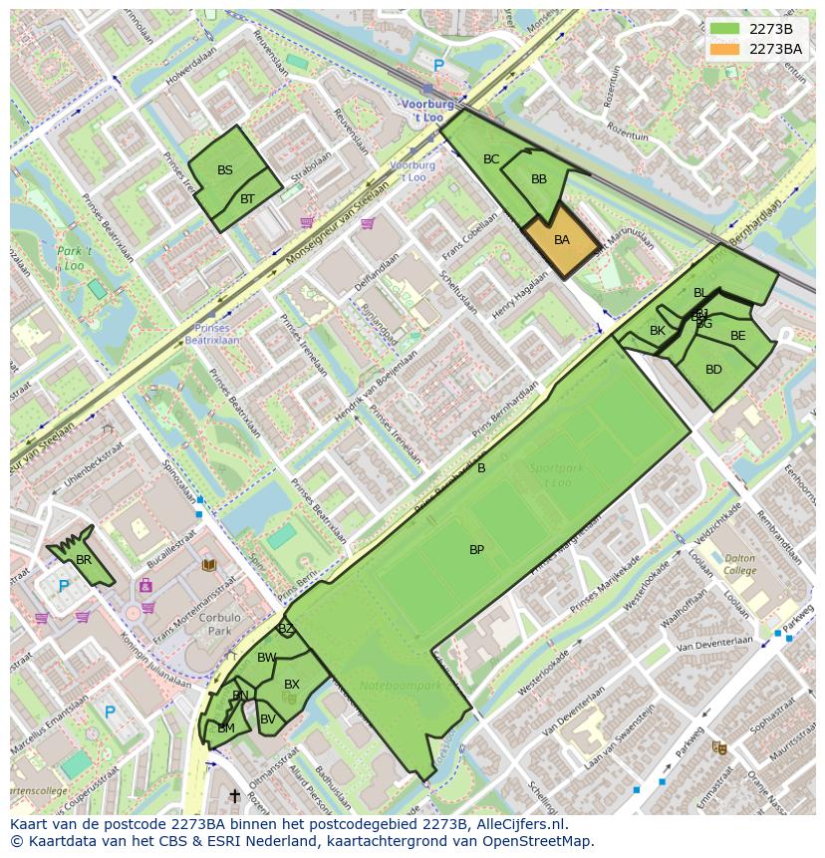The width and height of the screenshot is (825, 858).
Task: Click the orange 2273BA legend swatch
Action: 725,49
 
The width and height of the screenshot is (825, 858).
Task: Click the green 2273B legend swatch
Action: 725,29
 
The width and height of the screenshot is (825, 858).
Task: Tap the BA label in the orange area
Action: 562,240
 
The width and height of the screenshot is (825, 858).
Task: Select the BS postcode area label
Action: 225,170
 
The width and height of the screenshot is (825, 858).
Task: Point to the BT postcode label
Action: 247,199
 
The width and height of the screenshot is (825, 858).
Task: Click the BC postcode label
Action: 491,159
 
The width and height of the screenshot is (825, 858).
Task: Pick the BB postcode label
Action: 539,180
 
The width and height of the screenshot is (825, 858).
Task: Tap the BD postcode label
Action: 713,370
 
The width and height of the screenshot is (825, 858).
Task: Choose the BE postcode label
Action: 737,336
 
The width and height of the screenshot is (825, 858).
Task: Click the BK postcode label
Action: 658,331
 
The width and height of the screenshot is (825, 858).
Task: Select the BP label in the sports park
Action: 476,550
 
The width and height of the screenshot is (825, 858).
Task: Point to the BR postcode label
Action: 84,560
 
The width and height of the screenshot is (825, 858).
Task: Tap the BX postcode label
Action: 292,685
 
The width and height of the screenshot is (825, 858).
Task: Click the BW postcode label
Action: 266,658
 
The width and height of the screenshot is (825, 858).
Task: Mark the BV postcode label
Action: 268,719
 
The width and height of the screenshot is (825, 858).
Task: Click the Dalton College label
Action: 740,565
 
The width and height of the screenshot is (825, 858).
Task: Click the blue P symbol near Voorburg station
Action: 438,66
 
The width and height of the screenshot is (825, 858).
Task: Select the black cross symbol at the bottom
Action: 235,795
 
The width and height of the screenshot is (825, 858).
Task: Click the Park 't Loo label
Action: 74,258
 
